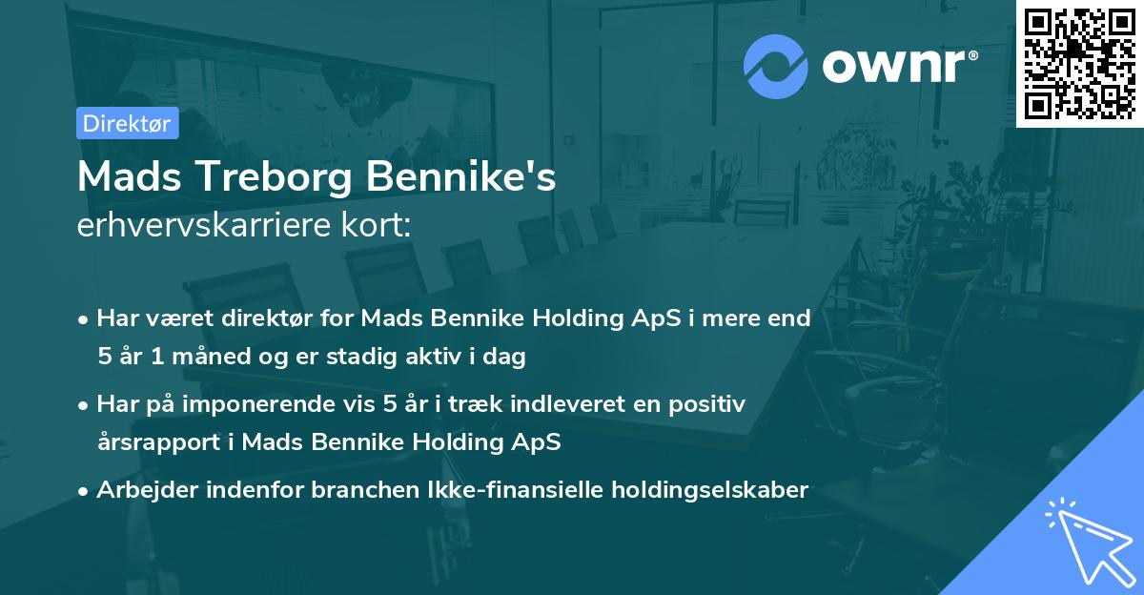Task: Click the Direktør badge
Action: pyautogui.click(x=127, y=123)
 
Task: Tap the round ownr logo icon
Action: pyautogui.click(x=775, y=66)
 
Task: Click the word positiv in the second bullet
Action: pyautogui.click(x=711, y=404)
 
